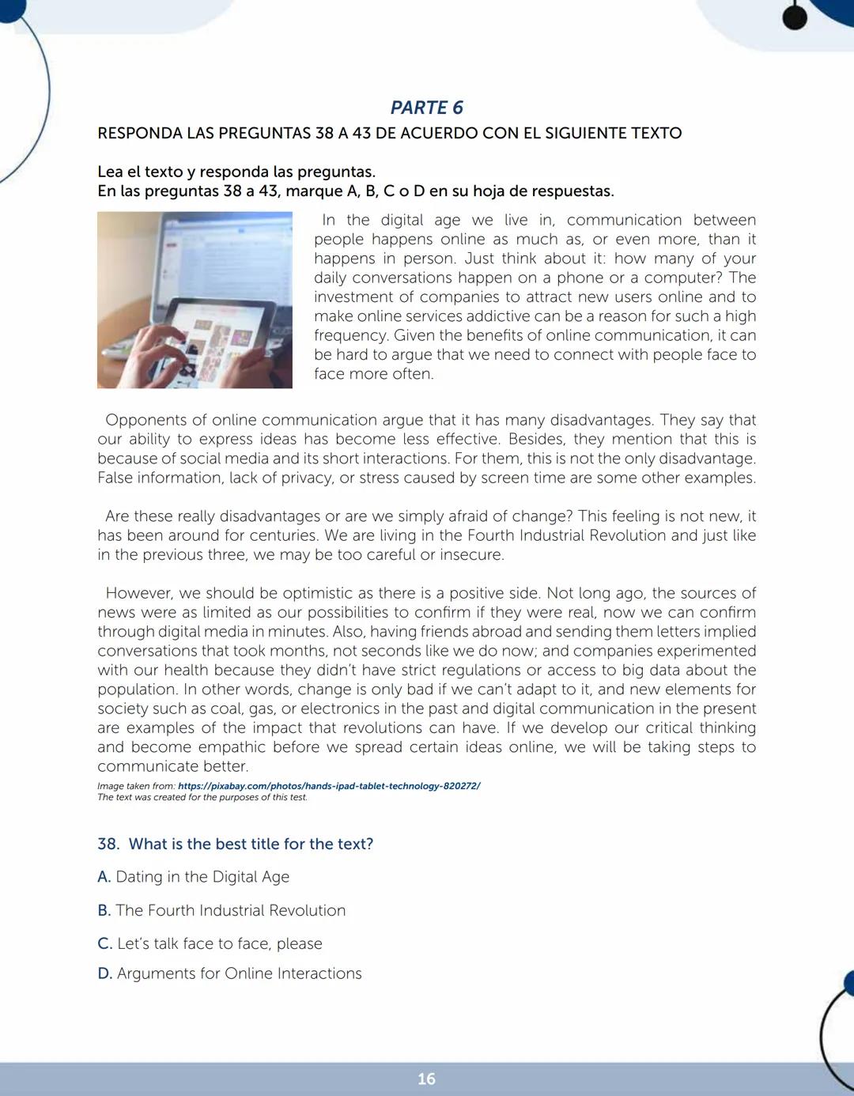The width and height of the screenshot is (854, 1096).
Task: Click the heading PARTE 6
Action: [x=426, y=108]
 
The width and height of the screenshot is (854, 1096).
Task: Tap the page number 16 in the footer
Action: [x=426, y=1079]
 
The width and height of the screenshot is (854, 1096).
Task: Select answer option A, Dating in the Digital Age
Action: [x=202, y=877]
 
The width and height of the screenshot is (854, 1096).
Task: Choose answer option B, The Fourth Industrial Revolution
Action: [x=230, y=910]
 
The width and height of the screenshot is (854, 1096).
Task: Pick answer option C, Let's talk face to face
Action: [x=219, y=943]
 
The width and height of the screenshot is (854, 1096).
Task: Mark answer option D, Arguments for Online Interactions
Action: [x=239, y=973]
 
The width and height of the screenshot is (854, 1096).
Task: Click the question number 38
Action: [x=108, y=844]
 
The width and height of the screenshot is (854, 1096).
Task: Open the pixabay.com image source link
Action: [x=329, y=786]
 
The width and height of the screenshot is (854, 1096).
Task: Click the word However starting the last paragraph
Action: [x=140, y=593]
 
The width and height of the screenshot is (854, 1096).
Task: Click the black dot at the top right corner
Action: [x=795, y=18]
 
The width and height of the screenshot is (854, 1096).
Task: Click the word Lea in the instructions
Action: [x=110, y=172]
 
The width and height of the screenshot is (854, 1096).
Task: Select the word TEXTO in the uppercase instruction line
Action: [x=654, y=133]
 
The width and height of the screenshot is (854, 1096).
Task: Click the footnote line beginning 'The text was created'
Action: [x=202, y=797]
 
